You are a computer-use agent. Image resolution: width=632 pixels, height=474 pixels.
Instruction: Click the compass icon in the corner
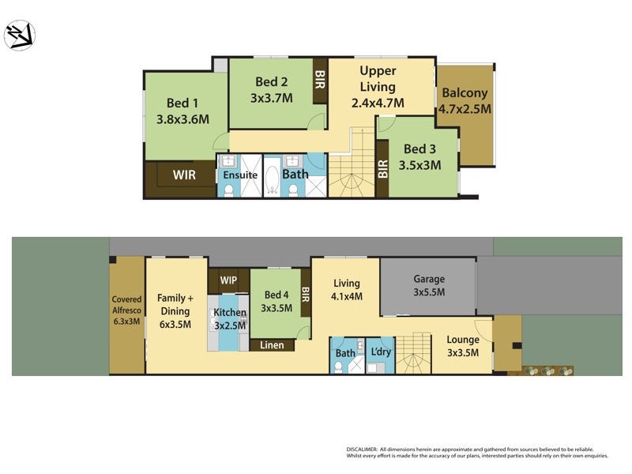point(19,36)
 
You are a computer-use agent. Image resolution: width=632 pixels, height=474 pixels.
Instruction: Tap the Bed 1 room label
point(182,111)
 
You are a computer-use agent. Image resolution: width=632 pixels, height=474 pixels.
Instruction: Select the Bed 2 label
point(271,90)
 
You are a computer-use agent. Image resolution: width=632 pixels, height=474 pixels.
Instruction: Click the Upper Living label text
point(378,86)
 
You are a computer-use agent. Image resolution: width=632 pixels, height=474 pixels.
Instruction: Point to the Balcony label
point(466,101)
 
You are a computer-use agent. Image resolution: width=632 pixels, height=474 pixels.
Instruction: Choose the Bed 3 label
point(419,156)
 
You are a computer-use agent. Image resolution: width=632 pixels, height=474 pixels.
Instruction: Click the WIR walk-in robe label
point(184,175)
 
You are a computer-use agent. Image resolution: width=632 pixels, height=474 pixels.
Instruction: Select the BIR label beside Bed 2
point(320,81)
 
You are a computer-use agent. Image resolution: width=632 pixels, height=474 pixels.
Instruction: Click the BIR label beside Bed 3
point(383,168)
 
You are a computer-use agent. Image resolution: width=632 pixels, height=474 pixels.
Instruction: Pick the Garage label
point(429,285)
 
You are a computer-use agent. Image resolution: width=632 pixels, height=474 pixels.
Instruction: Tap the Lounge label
point(463,346)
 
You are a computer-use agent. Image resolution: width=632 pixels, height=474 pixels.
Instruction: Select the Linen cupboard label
point(272,345)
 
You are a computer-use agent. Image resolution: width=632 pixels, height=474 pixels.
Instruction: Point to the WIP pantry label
point(228,280)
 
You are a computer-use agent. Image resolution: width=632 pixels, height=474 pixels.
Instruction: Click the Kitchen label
point(231,319)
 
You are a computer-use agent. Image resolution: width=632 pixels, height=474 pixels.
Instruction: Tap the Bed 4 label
point(276,302)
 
